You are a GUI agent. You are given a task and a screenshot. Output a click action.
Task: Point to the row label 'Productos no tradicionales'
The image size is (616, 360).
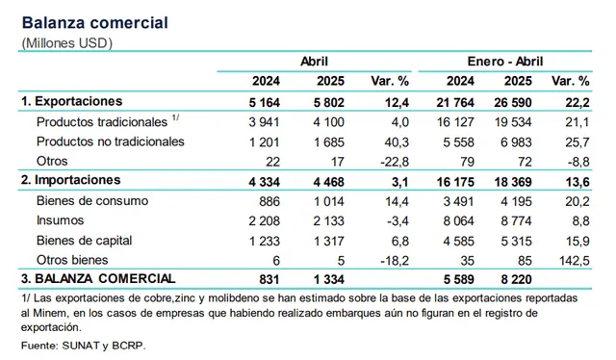pyautogui.click(x=109, y=141)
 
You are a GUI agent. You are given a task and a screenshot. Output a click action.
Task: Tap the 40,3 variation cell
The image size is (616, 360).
pyautogui.click(x=397, y=141)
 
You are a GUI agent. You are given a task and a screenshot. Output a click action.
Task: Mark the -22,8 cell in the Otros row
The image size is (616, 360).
pyautogui.click(x=394, y=161)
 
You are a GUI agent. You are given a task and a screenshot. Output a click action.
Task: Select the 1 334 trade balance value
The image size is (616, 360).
pyautogui.click(x=320, y=279)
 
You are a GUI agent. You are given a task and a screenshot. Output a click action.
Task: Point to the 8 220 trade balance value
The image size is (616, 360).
pyautogui.click(x=517, y=279)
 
